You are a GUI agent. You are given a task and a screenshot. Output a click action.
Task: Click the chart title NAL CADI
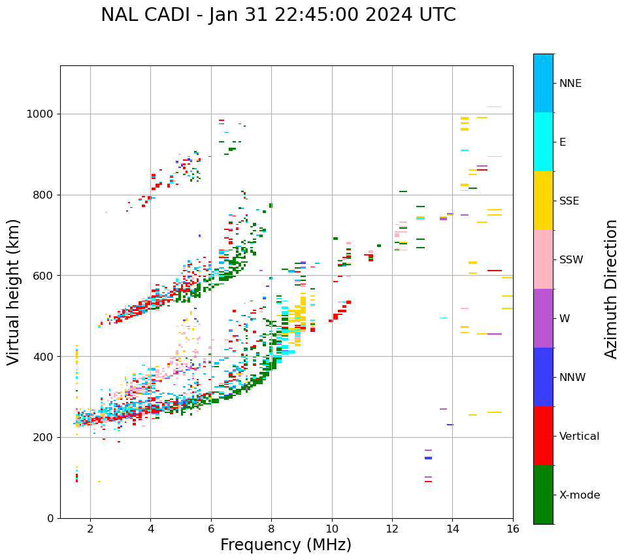point(278,15)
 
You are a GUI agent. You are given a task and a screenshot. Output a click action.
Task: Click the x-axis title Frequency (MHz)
point(286,545)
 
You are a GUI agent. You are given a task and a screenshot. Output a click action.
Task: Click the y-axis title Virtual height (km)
point(14,291)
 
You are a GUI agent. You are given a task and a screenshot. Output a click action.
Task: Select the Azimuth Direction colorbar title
point(611,288)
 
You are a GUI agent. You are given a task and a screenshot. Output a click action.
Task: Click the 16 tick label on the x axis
point(513,529)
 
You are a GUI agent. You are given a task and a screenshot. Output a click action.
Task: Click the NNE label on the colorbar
point(570,84)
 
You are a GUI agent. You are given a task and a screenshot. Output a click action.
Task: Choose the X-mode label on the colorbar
point(579,495)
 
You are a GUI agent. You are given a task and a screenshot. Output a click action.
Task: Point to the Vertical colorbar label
point(579,436)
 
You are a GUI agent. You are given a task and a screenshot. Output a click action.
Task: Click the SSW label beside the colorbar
point(571,260)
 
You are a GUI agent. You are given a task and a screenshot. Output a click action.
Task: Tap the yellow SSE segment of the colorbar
point(543,201)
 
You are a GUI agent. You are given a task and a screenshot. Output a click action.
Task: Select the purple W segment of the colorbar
point(543,318)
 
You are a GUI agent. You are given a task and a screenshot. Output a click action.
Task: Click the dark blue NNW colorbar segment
point(543,377)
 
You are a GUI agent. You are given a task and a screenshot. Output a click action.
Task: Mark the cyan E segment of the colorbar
point(543,142)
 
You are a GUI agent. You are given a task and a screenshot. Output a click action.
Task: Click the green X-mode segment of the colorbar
point(543,495)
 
